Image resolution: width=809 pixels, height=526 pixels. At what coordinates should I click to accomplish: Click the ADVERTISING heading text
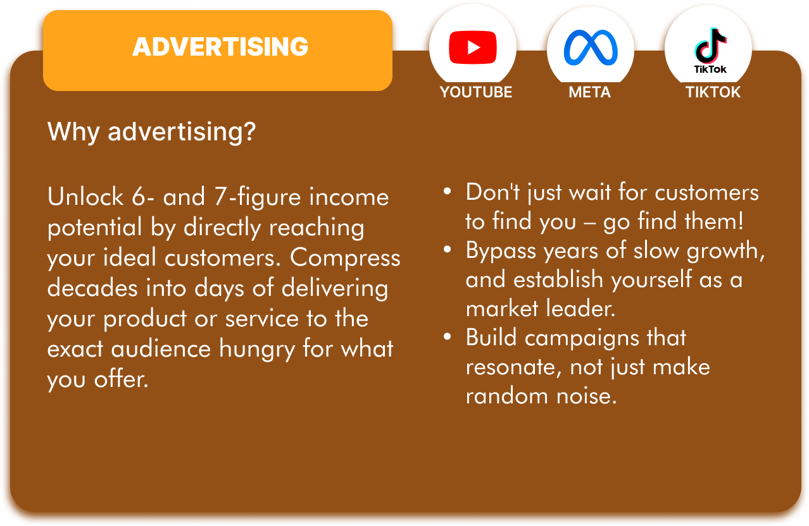point(220,47)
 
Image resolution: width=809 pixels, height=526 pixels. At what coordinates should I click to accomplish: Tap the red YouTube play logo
point(473,47)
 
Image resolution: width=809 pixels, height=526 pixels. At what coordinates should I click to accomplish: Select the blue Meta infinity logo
point(591,47)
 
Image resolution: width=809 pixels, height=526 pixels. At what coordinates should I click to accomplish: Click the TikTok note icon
point(710,46)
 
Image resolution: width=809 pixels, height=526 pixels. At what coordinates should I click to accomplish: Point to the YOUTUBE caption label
point(476,92)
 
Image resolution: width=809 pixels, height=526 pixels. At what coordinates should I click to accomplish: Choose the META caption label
point(590,92)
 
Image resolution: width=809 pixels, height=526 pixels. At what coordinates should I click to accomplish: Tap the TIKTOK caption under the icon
point(713,92)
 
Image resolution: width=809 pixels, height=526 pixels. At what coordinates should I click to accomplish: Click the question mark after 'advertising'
point(249,131)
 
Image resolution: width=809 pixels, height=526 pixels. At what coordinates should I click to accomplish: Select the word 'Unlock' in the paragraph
point(85,197)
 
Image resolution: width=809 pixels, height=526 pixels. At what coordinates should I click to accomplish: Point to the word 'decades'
point(92,288)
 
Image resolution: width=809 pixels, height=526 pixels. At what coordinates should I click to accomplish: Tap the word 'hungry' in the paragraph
point(257,350)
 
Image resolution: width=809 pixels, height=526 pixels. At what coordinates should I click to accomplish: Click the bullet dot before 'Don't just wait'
point(447,191)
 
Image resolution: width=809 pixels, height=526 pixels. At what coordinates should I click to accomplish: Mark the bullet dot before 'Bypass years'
point(447,249)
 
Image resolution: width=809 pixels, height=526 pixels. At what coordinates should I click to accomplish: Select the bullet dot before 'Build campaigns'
point(447,336)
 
